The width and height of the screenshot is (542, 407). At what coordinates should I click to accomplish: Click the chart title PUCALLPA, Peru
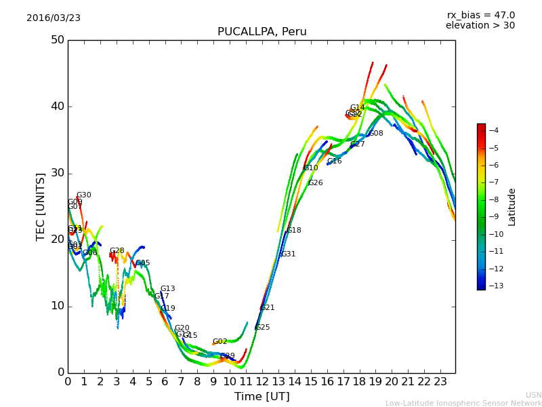262,32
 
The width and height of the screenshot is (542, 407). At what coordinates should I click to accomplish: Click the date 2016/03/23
54,18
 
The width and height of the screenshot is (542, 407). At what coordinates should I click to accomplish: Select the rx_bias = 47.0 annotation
480,16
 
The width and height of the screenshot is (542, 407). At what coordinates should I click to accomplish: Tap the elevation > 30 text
480,26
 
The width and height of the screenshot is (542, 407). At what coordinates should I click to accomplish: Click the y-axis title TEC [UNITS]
41,206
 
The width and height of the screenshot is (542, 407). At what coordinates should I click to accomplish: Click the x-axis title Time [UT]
262,397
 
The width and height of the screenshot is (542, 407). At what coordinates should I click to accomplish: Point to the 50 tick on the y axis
57,40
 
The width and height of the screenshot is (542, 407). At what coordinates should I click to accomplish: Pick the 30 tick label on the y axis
57,173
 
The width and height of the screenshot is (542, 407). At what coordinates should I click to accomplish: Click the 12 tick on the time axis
262,381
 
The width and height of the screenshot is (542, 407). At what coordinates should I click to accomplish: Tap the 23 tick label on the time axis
440,381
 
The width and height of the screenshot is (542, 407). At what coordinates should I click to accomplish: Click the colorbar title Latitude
512,207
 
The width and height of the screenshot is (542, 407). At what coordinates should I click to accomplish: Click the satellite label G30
83,195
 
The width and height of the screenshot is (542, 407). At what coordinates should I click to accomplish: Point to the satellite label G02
220,342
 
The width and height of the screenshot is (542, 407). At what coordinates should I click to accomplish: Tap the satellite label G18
293,231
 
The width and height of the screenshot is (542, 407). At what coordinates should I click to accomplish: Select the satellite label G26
315,183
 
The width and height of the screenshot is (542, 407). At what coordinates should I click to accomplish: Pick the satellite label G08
375,134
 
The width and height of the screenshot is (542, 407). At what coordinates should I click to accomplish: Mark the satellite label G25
262,328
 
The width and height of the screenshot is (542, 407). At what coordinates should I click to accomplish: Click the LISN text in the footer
533,395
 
